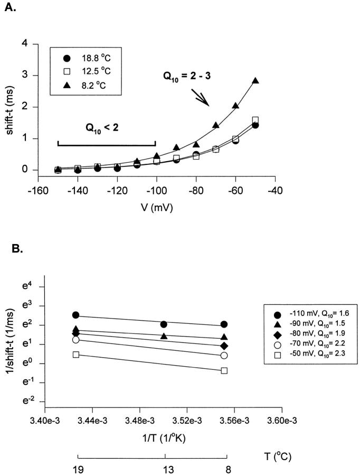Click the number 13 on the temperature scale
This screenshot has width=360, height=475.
click(x=165, y=469)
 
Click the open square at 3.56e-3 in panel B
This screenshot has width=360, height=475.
click(x=224, y=370)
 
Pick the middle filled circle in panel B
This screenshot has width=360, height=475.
click(x=164, y=324)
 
